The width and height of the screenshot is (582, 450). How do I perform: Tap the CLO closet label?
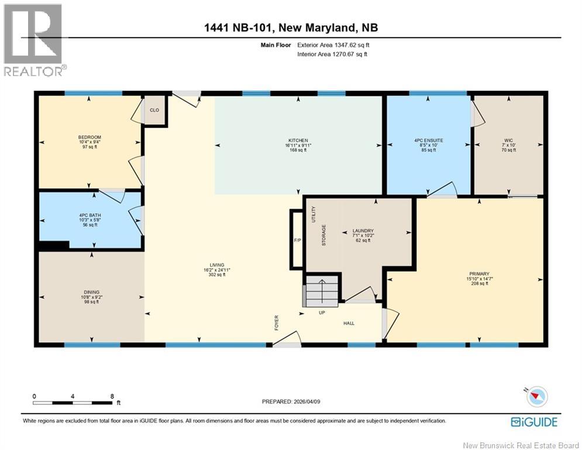(154, 110)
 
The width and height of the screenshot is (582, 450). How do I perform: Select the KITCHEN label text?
(298, 141)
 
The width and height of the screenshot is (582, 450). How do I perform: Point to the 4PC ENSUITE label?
(428, 141)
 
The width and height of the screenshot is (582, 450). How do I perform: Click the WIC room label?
(508, 141)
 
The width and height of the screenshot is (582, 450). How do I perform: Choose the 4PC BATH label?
(90, 215)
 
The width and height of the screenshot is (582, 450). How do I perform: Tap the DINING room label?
(91, 292)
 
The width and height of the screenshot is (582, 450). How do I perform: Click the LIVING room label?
(217, 265)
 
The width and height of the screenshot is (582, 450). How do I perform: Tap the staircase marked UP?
(321, 291)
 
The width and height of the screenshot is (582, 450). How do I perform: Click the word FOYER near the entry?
(277, 322)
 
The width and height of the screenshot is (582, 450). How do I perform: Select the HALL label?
(349, 323)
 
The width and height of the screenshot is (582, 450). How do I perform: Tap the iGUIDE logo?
(533, 422)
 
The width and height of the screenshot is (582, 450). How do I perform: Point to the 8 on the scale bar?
(112, 396)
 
